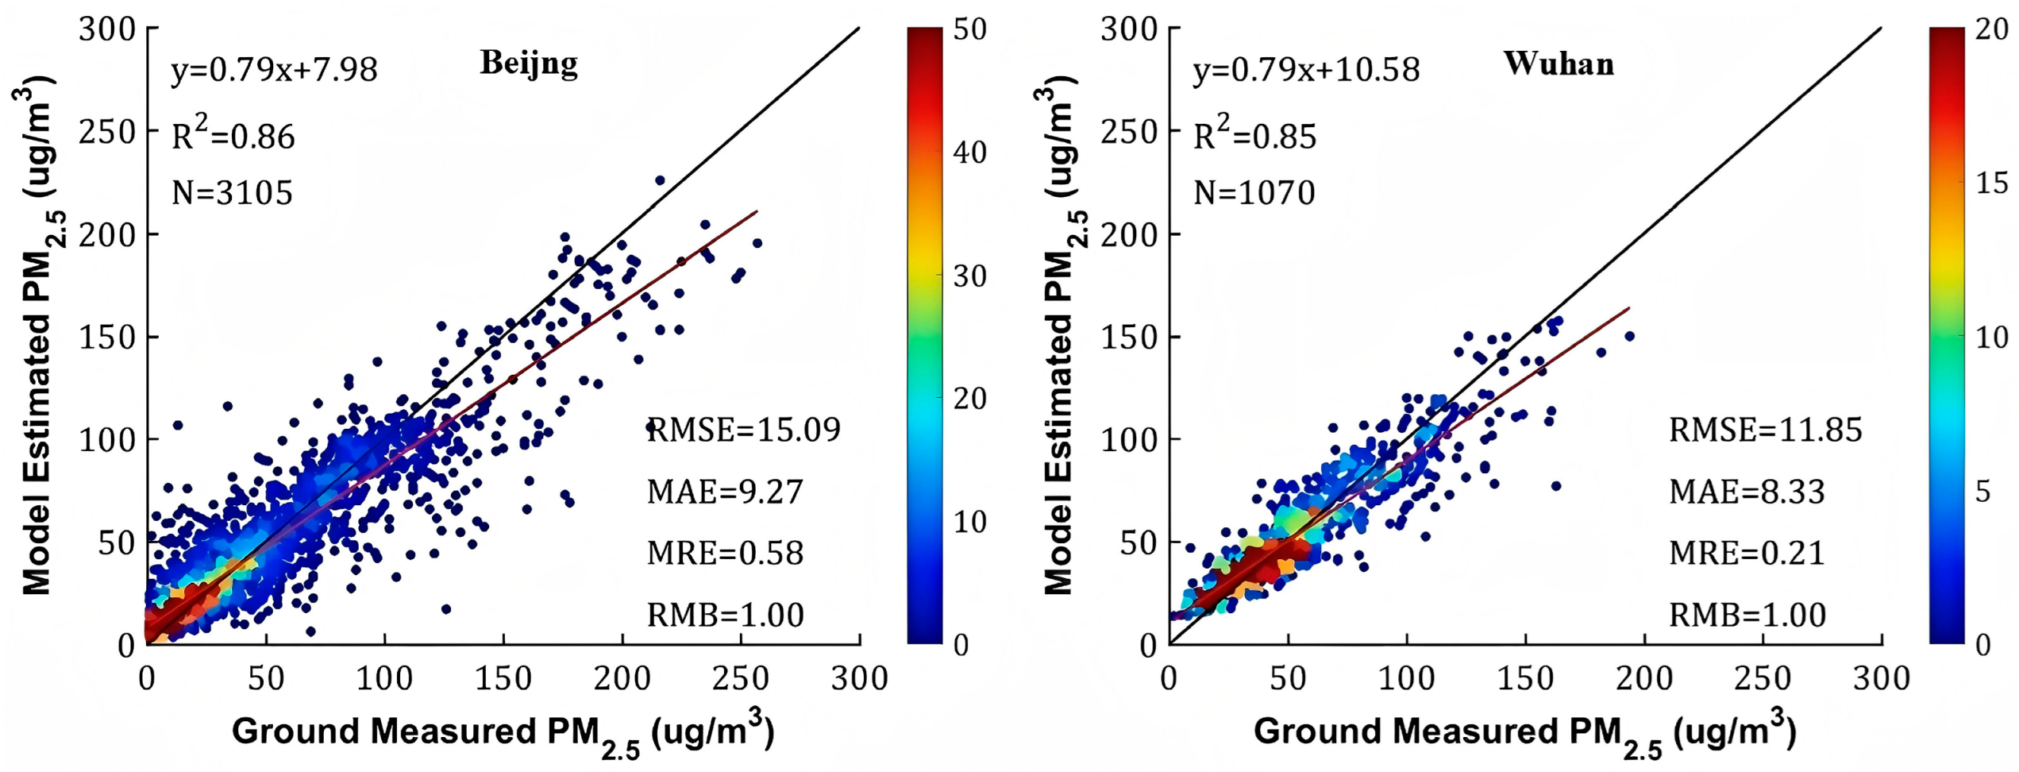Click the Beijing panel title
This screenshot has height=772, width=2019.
(529, 64)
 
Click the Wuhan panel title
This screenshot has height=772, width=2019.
(1559, 64)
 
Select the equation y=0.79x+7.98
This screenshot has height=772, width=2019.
(274, 70)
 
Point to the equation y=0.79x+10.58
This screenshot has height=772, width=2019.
(1306, 70)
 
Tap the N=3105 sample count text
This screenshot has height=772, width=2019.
(233, 193)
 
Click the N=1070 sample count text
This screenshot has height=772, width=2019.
(1254, 193)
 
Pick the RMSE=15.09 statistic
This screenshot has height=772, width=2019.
(744, 430)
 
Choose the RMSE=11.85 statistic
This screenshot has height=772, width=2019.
(1766, 430)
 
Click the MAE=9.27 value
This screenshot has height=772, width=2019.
(725, 492)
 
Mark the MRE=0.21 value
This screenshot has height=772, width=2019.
(1747, 553)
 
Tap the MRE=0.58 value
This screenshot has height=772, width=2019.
(725, 553)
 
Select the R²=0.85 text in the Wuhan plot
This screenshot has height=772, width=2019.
(1255, 135)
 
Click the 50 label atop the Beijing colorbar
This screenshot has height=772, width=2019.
(969, 29)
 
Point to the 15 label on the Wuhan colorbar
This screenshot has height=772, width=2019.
(1992, 183)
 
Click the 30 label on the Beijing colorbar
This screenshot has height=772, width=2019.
(969, 276)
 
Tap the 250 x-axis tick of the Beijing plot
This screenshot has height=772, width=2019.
(740, 679)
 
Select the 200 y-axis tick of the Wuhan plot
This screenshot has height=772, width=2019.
(1129, 234)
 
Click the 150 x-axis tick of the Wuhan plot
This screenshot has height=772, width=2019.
(1524, 679)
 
